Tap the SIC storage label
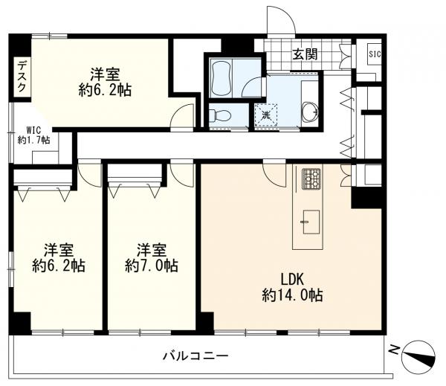click(x=374, y=53)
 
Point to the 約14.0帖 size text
click(x=291, y=295)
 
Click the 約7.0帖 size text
click(x=152, y=266)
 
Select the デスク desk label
click(x=22, y=76)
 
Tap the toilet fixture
click(x=219, y=115)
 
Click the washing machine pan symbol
click(x=265, y=115)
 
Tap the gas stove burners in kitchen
click(x=310, y=178)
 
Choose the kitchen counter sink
click(x=310, y=221)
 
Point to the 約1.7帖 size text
click(x=33, y=140)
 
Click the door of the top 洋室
click(x=183, y=118)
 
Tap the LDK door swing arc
click(x=274, y=176)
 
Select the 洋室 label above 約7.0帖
click(x=152, y=249)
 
